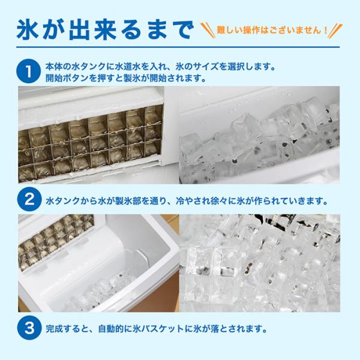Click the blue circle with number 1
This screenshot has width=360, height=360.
click(x=29, y=71)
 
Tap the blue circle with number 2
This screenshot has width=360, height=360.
click(x=29, y=199)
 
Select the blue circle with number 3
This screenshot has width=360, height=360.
click(x=29, y=328)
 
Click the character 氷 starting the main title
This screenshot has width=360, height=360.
click(x=28, y=31)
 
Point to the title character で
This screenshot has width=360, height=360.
click(x=182, y=31)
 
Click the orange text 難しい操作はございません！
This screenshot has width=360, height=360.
click(x=272, y=31)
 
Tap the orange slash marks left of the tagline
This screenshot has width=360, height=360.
click(x=208, y=31)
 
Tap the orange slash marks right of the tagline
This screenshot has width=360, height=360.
click(x=335, y=31)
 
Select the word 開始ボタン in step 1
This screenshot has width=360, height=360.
click(x=67, y=78)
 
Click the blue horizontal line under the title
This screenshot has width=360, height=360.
click(x=178, y=47)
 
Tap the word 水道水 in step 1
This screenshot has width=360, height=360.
click(x=128, y=67)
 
